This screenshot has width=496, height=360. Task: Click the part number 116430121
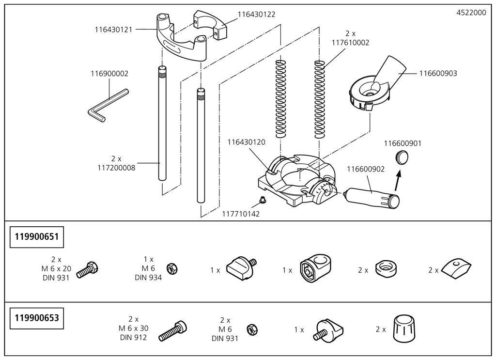pos(114,29)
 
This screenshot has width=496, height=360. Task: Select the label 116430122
pos(256,15)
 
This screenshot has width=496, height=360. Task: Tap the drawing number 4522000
pos(471,13)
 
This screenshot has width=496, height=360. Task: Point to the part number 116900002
pos(109,74)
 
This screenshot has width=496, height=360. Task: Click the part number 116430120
pos(247,142)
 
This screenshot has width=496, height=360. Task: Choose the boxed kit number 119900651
pos(37,238)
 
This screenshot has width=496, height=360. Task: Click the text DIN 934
pos(148,278)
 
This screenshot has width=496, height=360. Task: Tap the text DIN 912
pos(133,338)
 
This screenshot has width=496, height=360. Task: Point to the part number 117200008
pos(117,164)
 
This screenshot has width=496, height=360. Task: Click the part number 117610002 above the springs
pos(350,43)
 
